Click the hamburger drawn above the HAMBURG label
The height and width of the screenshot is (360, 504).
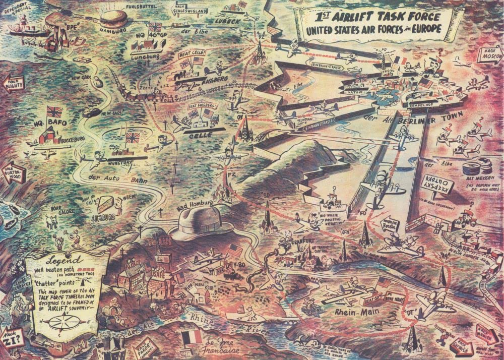click(114, 19)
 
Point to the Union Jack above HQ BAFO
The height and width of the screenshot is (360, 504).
click(54, 111)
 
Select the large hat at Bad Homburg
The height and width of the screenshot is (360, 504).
click(201, 222)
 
